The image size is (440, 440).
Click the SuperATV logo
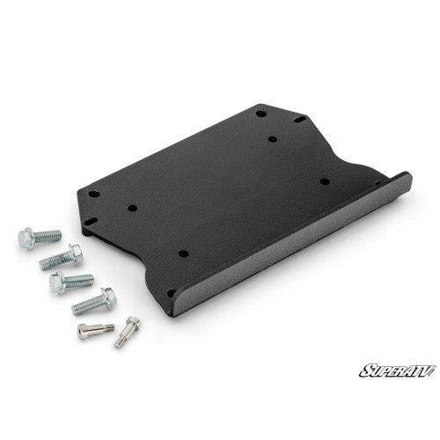(398, 370)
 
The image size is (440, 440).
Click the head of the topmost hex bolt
(26, 238)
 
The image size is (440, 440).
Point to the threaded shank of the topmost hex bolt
(48, 237)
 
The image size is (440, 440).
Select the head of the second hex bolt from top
(76, 254)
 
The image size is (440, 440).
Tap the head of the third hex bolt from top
(57, 282)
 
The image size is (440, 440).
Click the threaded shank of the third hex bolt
(79, 281)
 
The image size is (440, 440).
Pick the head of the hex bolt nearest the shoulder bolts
(108, 298)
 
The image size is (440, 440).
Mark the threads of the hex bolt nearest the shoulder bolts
(87, 305)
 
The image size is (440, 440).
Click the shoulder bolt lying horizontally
(96, 331)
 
